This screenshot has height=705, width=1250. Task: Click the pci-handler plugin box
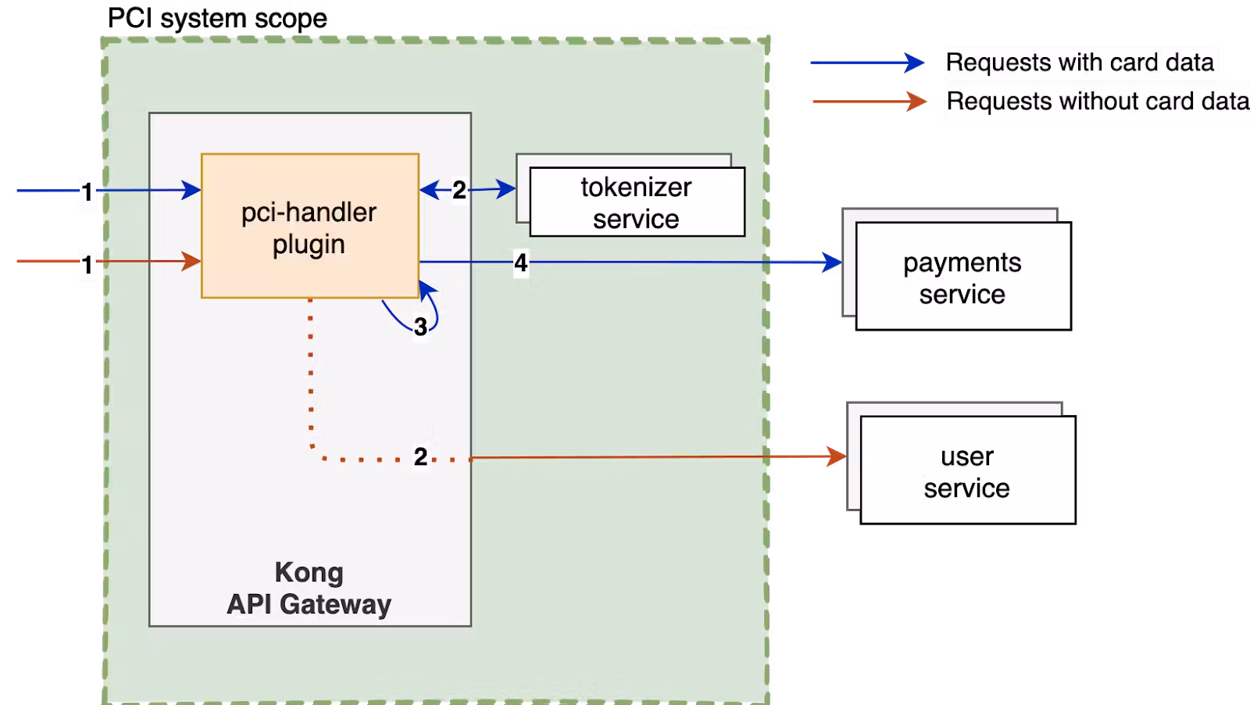pyautogui.click(x=309, y=227)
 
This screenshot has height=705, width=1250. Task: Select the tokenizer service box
pyautogui.click(x=637, y=202)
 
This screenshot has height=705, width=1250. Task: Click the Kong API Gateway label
pyautogui.click(x=309, y=589)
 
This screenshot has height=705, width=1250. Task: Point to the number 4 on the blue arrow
pyautogui.click(x=521, y=263)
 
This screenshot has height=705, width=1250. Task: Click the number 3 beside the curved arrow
pyautogui.click(x=420, y=327)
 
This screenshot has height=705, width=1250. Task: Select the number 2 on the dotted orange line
pyautogui.click(x=420, y=456)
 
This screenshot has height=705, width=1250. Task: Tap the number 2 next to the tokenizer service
pyautogui.click(x=459, y=190)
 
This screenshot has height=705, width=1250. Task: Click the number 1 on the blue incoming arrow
pyautogui.click(x=87, y=191)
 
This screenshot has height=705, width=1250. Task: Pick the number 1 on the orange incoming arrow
pyautogui.click(x=87, y=265)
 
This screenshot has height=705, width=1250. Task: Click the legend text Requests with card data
pyautogui.click(x=1080, y=63)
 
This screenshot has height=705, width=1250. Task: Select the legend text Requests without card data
pyautogui.click(x=1097, y=102)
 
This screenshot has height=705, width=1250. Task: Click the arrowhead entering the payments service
pyautogui.click(x=833, y=263)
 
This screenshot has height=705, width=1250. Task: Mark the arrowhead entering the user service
pyautogui.click(x=837, y=456)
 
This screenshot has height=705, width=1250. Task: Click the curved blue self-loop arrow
pyautogui.click(x=431, y=313)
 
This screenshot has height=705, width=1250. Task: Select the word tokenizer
pyautogui.click(x=636, y=188)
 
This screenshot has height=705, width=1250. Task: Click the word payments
pyautogui.click(x=962, y=263)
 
